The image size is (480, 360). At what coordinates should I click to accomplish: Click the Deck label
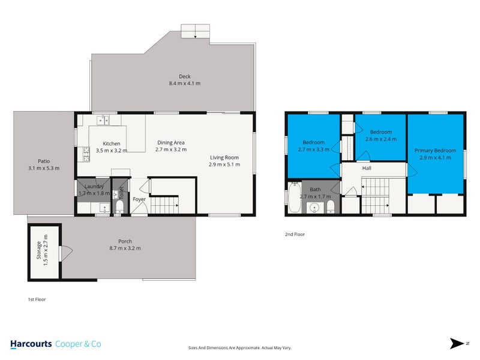coord(184,76)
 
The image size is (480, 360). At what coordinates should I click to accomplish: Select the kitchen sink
coord(103,119)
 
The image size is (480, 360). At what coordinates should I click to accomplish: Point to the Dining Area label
coord(170,142)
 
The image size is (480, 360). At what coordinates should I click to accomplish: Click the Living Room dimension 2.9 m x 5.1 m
coord(224,164)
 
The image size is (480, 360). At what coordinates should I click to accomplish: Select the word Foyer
coord(139,199)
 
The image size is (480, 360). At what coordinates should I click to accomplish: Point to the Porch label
coord(125,241)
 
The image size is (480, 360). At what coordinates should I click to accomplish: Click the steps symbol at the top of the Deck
coord(196,32)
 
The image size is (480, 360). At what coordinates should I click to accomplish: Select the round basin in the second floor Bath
coord(314,209)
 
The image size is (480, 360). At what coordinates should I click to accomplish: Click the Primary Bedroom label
coord(435,151)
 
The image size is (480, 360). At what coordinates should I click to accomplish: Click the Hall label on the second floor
coord(367,169)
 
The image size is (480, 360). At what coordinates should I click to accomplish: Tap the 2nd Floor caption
coord(295,235)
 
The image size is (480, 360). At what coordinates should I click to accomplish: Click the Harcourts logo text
coord(31,344)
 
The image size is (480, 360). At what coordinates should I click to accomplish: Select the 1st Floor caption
coord(37,299)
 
